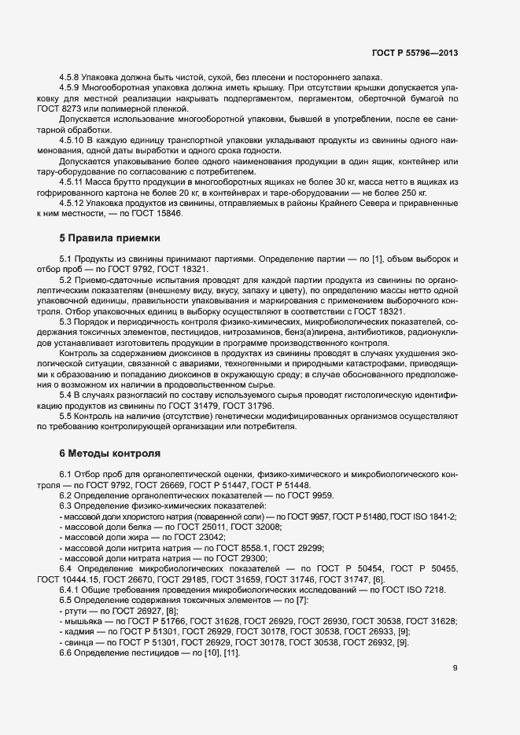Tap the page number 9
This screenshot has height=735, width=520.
point(455,668)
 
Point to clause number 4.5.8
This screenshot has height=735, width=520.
point(72,77)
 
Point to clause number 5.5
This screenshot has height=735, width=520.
point(65,417)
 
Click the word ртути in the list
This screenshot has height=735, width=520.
point(76,610)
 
